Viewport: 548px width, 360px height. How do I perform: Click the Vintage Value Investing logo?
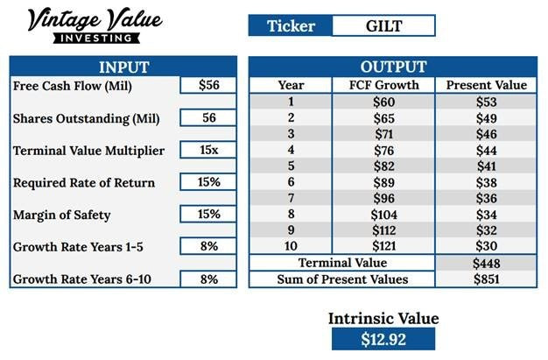coord(95,25)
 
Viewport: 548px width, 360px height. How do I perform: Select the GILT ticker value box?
coord(383,25)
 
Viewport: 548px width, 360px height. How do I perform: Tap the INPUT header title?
coord(124,67)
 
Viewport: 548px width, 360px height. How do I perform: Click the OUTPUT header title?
coord(393,67)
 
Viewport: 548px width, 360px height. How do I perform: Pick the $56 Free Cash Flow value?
coord(208,85)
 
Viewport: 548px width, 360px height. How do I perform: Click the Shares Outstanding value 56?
coord(208,117)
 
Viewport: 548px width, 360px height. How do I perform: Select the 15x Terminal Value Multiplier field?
coord(208,150)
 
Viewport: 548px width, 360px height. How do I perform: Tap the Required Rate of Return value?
coord(208,182)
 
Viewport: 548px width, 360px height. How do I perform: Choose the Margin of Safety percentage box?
coord(208,214)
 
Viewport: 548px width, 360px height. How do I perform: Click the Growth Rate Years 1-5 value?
coord(208,246)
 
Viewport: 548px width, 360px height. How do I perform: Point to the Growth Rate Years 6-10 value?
coord(208,279)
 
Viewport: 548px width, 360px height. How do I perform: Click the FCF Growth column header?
coord(383,85)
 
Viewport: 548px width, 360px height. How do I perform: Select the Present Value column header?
coord(487,85)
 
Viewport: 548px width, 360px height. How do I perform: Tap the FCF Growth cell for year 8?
coord(383,214)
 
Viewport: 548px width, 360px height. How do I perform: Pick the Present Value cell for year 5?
coord(487,166)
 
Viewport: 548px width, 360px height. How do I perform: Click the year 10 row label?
coord(291,246)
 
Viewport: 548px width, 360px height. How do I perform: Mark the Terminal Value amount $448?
coord(487,263)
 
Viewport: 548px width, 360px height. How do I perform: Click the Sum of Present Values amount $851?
coord(487,279)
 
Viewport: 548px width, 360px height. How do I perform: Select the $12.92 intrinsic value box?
coord(383,339)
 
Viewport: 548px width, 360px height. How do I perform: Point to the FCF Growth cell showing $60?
coord(383,102)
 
